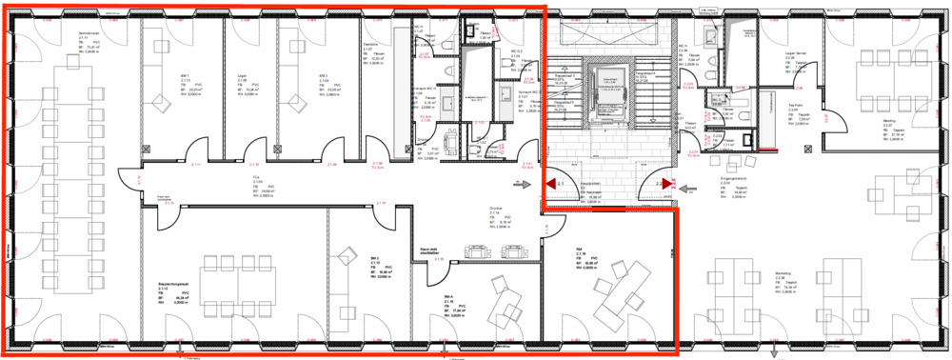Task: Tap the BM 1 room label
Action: click(x=186, y=75)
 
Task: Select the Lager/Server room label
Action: click(x=796, y=54)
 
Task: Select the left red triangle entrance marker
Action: click(x=549, y=183)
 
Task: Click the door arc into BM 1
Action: click(x=195, y=149)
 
